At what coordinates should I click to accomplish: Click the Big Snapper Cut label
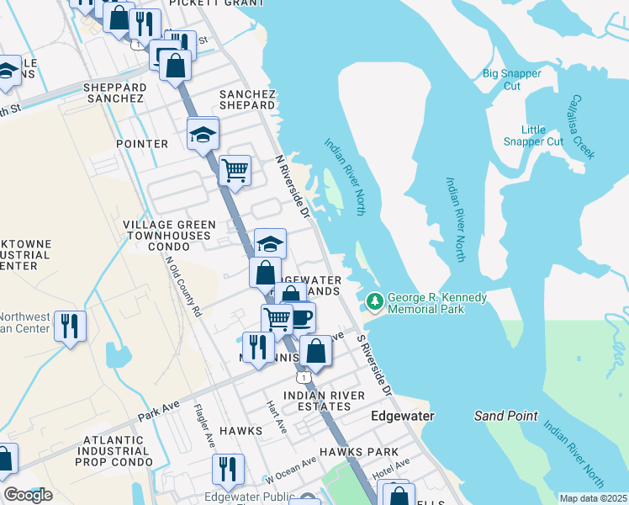[x=512, y=80]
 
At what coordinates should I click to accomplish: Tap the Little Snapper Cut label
[x=533, y=136]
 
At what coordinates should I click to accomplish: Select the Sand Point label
[x=499, y=416]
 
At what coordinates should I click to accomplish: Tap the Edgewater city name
[x=403, y=417]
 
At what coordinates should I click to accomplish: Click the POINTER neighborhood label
[x=142, y=144]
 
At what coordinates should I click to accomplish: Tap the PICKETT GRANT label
[x=206, y=3]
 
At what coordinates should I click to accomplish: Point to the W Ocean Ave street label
[x=291, y=470]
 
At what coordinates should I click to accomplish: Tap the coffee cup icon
[x=302, y=316]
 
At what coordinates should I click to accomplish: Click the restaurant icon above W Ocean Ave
[x=226, y=468]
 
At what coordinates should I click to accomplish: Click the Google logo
[x=29, y=496]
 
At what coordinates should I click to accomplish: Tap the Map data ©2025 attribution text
[x=592, y=498]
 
